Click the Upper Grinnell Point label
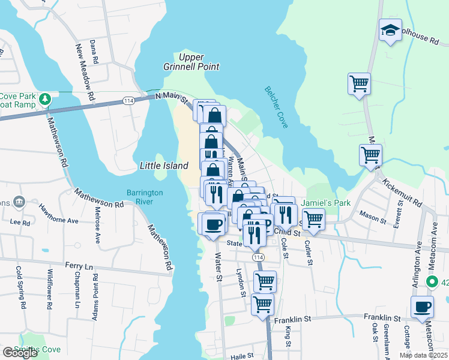191,62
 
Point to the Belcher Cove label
277,107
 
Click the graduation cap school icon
390,32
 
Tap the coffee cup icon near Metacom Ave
423,307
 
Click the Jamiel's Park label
326,203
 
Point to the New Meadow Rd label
85,72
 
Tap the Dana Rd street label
93,52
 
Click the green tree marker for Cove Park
44,99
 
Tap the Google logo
19,353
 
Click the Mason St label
371,214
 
